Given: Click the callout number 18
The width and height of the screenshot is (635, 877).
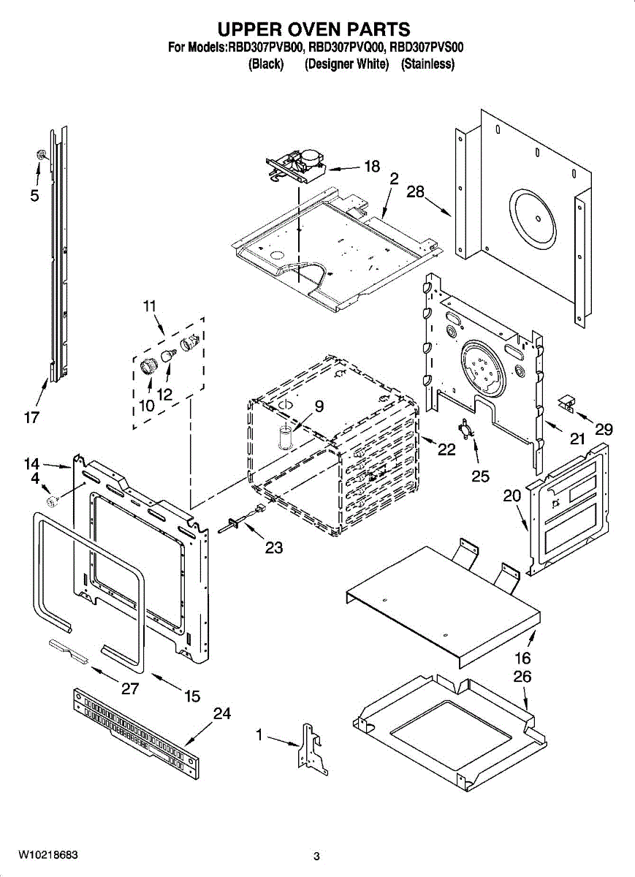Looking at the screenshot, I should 371,167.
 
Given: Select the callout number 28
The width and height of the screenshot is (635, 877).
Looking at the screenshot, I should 415,192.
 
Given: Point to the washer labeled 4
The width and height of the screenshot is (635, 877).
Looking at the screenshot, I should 53,501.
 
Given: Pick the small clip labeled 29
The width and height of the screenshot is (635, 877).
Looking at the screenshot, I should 567,401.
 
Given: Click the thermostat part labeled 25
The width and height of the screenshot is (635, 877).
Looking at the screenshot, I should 465,430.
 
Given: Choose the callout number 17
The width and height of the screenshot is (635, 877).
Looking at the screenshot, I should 32,418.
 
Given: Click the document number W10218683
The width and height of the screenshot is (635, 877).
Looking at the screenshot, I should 48,855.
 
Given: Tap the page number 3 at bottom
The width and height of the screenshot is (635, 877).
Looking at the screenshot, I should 316,857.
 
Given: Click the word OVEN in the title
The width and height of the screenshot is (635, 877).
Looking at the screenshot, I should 314,30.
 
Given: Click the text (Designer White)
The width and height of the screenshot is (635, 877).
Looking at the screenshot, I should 346,64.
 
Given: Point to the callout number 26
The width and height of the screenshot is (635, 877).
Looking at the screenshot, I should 522,677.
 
